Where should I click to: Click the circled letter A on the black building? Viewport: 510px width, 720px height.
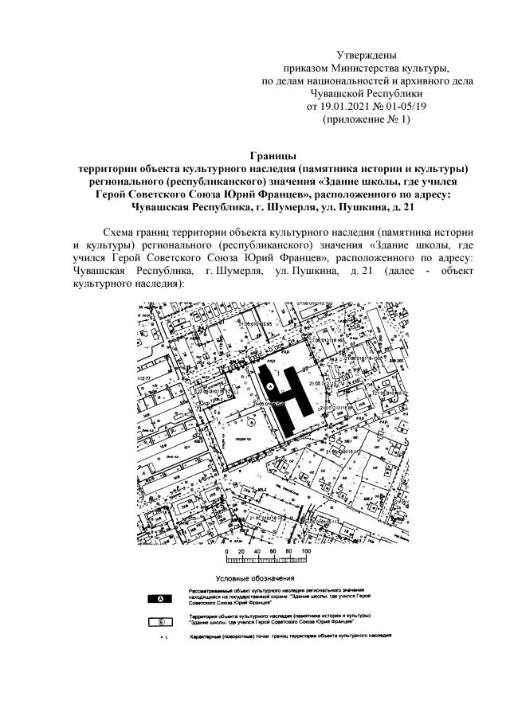[x=270, y=385]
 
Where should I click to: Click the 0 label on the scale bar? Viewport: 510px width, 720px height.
[x=228, y=551]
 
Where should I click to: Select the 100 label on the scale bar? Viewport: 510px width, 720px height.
[x=305, y=551]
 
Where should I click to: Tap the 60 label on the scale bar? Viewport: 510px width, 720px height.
[x=273, y=551]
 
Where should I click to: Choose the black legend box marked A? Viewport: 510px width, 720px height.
[x=162, y=597]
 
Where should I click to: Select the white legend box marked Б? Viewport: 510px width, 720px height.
[x=162, y=620]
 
